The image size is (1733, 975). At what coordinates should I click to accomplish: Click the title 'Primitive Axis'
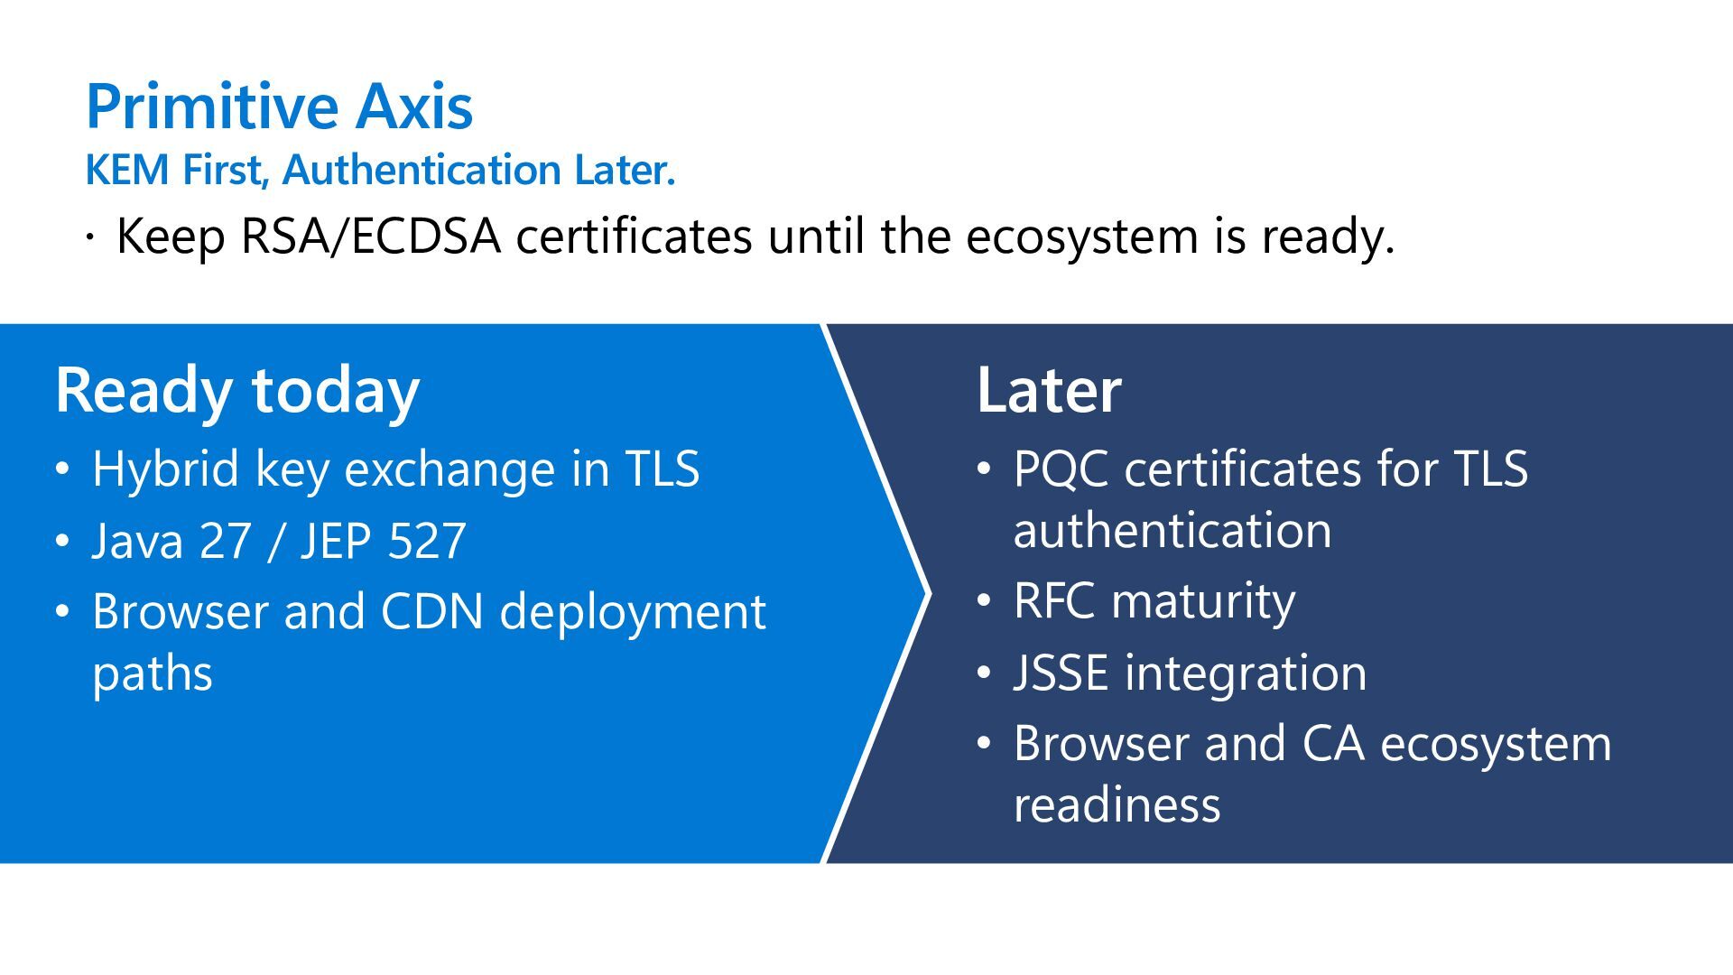point(279,107)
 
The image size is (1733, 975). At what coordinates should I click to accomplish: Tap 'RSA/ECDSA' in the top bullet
point(371,237)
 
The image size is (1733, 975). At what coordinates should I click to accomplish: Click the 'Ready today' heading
point(237,390)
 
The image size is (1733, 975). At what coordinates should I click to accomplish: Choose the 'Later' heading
point(1049,390)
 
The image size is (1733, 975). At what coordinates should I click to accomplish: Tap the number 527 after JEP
point(427,541)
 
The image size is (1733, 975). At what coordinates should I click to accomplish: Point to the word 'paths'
point(153,673)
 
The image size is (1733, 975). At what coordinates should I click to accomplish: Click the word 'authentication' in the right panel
point(1172,530)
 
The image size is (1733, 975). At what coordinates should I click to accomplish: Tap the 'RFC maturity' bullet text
point(1154,601)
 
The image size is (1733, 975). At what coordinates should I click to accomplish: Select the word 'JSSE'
point(1061,673)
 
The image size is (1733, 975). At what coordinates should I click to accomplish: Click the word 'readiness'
point(1117,804)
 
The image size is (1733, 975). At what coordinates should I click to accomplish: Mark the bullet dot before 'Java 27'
point(61,541)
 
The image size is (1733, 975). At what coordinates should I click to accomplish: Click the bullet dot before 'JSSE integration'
point(984,673)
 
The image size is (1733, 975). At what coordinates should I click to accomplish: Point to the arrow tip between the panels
point(924,593)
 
